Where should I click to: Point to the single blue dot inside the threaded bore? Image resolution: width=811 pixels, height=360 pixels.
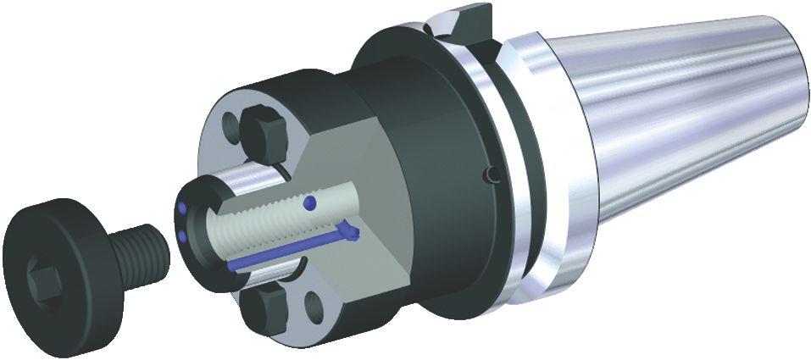[x=313, y=202]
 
